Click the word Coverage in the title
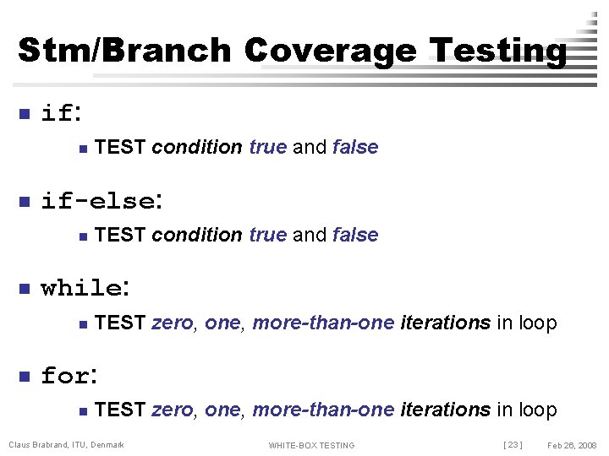pos(331,51)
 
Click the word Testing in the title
pos(498,51)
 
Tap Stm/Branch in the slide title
pos(124,51)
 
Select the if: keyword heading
pos(61,113)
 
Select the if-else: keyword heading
pos(100,201)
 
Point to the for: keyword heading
pos(71,376)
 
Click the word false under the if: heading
pos(355,147)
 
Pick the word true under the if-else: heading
pos(268,235)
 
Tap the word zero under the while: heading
pos(172,323)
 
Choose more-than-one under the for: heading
pos(323,410)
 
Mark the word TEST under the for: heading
pos(120,410)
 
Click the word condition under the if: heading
pos(197,147)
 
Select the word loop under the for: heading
pos(536,410)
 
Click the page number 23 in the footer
pos(513,445)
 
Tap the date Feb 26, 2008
pos(572,445)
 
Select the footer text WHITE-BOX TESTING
pos(311,445)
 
